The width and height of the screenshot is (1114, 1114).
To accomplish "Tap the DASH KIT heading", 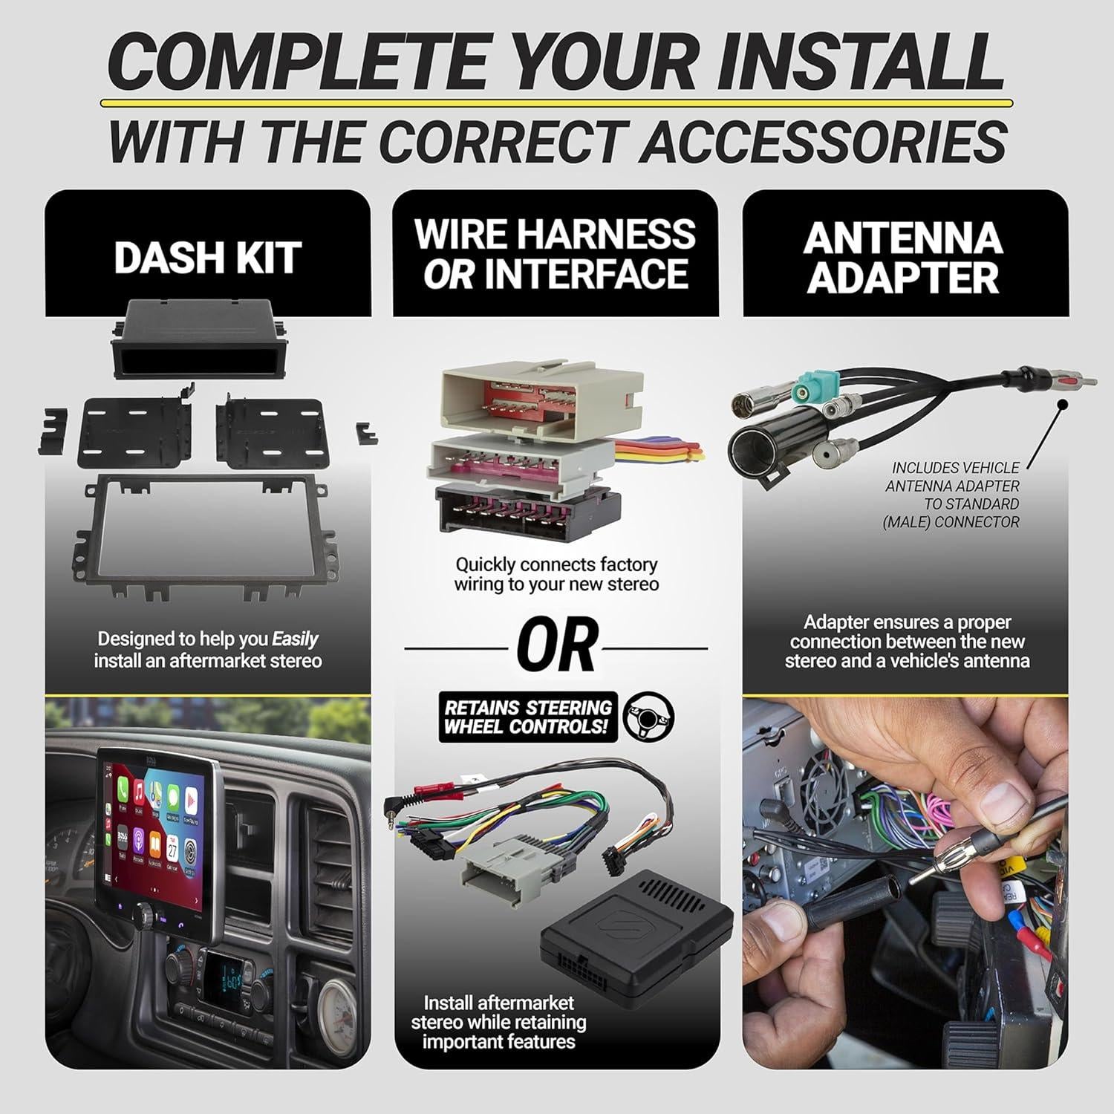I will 207,258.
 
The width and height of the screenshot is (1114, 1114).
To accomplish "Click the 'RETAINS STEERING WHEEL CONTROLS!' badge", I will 528,717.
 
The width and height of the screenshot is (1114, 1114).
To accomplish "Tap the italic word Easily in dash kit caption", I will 295,639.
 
